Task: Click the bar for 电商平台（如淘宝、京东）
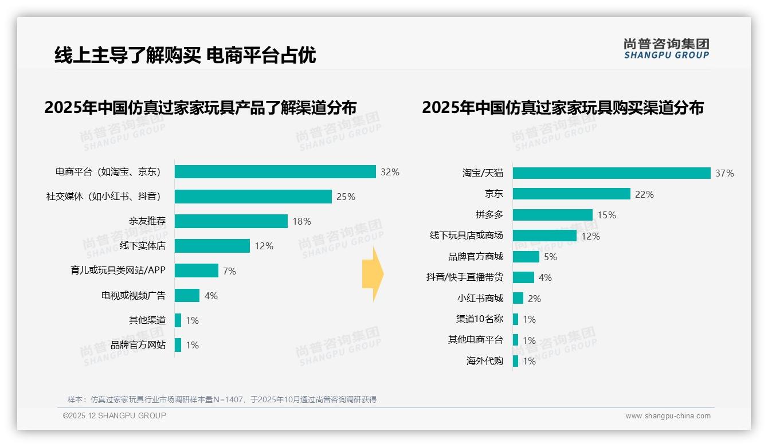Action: (275, 172)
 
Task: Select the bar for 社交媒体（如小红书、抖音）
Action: (253, 197)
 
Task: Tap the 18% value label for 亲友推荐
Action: (302, 221)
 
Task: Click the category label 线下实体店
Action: (142, 246)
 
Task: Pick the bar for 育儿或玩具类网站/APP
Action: (197, 270)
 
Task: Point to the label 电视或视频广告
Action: (133, 296)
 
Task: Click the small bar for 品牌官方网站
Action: (178, 345)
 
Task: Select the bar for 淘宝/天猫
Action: (612, 173)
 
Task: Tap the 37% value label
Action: (724, 173)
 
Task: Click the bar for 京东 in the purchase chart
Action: (571, 194)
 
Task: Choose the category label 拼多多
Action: (489, 215)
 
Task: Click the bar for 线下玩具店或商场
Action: (544, 236)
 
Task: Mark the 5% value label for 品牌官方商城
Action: (550, 257)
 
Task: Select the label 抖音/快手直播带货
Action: (465, 277)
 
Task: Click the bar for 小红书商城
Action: (518, 298)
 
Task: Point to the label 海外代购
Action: (485, 361)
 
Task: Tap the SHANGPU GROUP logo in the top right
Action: (666, 49)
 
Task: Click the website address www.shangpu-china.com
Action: (668, 416)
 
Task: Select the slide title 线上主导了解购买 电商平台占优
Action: (185, 55)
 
